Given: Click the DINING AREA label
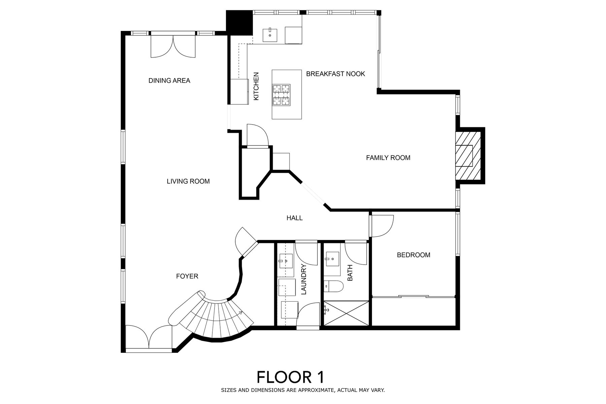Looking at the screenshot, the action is tap(169, 80).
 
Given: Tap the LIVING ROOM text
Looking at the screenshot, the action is tap(188, 181).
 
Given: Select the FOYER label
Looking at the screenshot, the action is tap(187, 276).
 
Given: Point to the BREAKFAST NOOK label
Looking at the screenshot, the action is tap(336, 74).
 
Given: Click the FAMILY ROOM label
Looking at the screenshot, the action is tap(388, 158).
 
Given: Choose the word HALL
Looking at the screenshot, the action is tap(295, 218).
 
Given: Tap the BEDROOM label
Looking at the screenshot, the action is tap(413, 255).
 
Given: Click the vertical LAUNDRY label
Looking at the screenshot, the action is tap(304, 279).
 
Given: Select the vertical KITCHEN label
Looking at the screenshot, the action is tap(256, 86).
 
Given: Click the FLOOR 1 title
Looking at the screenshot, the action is tap(291, 377).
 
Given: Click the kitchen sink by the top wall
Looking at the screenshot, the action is tap(270, 35).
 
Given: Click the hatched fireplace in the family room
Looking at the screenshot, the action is tap(468, 156).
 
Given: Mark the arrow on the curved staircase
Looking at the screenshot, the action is tap(240, 313).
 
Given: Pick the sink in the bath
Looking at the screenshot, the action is tap(332, 259).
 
